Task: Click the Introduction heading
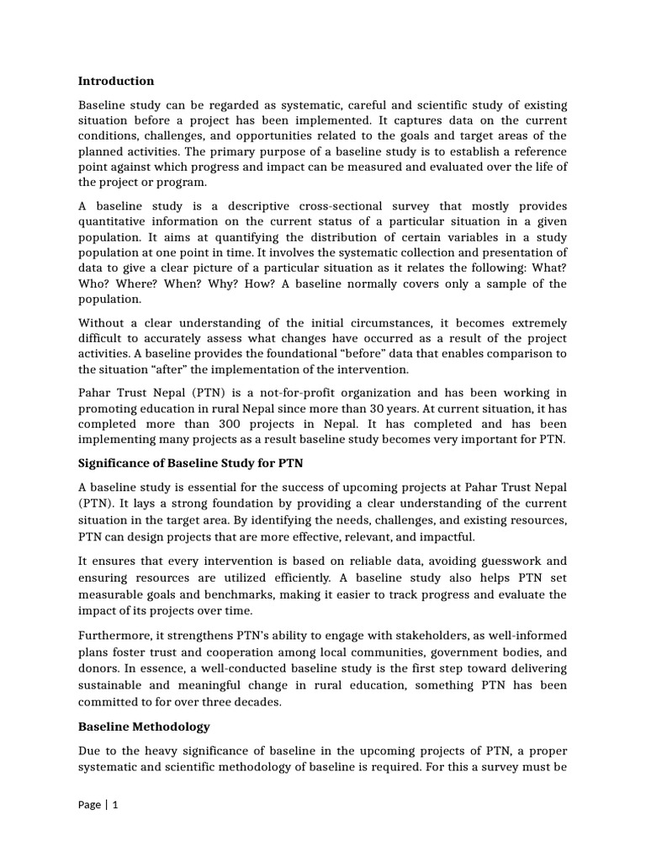(116, 82)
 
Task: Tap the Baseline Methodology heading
(144, 726)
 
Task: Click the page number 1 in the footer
(115, 804)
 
